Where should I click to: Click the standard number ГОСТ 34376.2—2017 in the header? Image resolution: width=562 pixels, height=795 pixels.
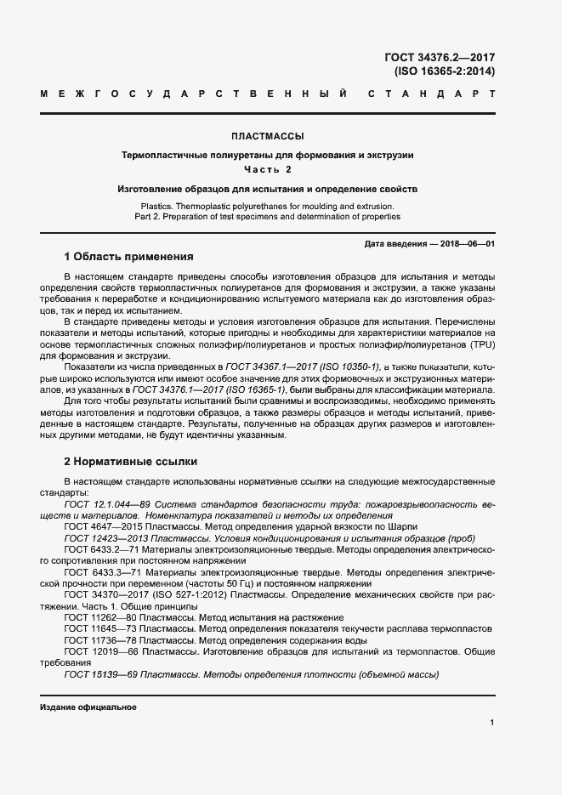click(440, 57)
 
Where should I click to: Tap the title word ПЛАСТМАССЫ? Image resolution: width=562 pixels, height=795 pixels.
click(268, 136)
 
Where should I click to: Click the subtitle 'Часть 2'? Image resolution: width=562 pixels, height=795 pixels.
click(268, 169)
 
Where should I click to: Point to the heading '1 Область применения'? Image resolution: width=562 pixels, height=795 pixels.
click(129, 257)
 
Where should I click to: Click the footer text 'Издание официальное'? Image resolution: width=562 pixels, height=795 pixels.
click(88, 707)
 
